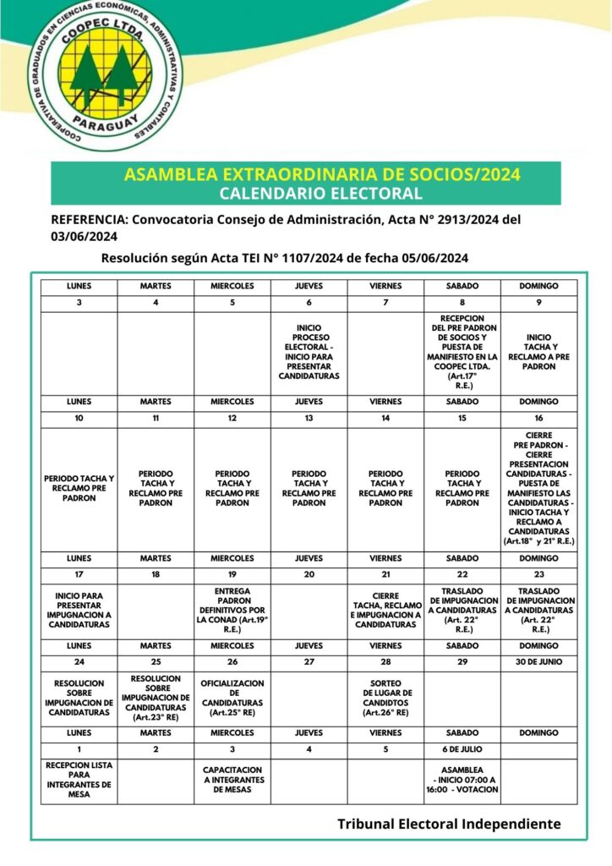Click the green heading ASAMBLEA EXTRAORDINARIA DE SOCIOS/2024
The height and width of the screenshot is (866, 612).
coord(322,175)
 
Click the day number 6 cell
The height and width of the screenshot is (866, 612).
coord(309,303)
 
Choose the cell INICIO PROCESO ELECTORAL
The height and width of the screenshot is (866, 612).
coord(309,351)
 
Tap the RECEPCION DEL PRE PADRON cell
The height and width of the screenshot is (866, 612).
coord(462,351)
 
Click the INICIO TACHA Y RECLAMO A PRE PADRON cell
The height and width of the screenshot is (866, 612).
coord(539,351)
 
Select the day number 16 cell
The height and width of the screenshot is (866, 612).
coord(539,418)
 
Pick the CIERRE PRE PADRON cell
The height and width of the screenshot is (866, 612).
coord(539,489)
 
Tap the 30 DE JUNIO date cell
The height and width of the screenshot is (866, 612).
coord(539,661)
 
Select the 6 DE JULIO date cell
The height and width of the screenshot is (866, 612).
coord(462,750)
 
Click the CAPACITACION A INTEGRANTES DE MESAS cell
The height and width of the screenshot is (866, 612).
coord(232,780)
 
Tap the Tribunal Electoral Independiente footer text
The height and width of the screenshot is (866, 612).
coord(449,823)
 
